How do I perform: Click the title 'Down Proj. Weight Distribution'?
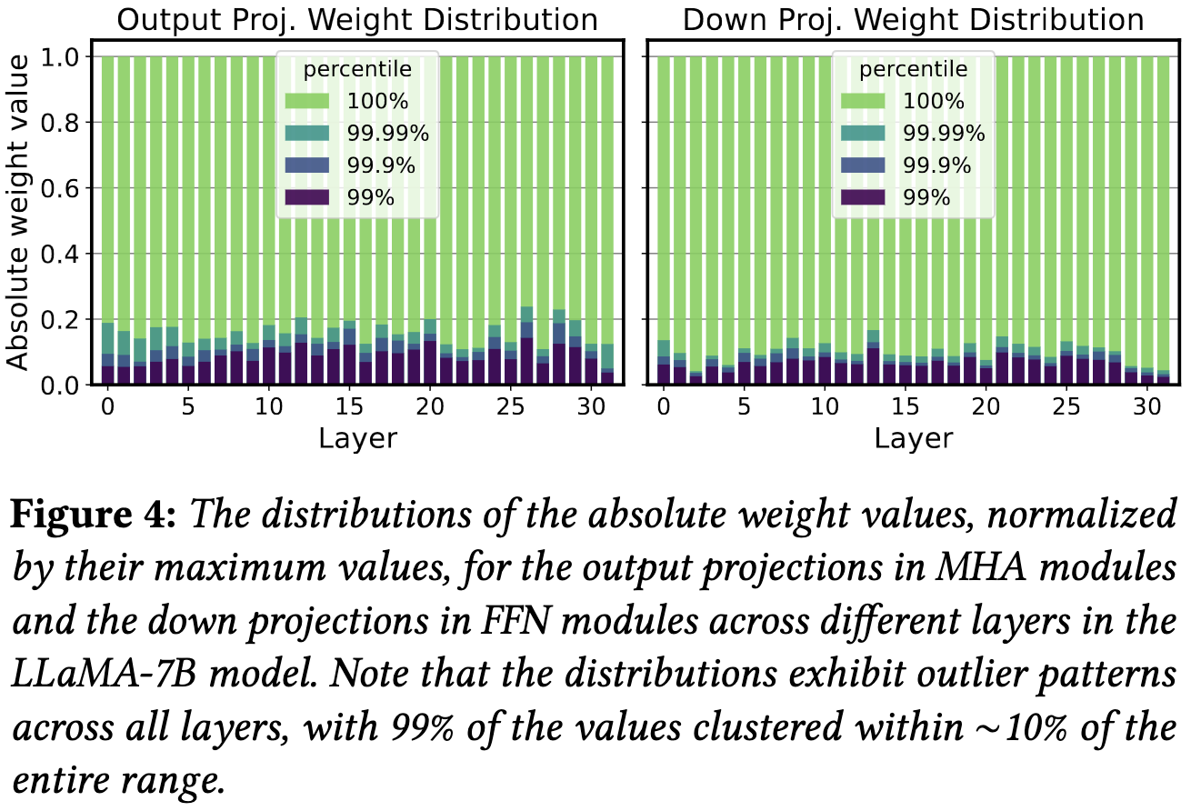tap(913, 19)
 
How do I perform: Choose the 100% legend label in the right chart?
tap(931, 102)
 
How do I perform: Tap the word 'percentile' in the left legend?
tap(357, 69)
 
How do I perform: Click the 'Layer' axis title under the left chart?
tap(358, 438)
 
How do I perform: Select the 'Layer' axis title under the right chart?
tap(913, 438)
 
